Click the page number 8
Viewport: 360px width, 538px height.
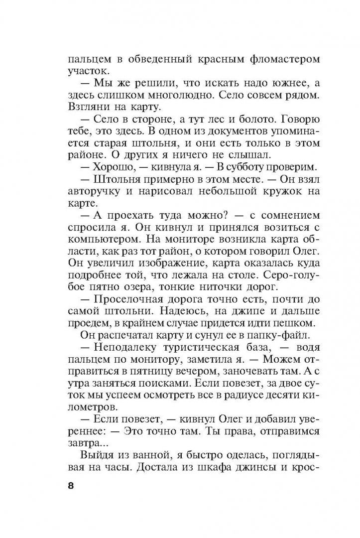click(x=71, y=486)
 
